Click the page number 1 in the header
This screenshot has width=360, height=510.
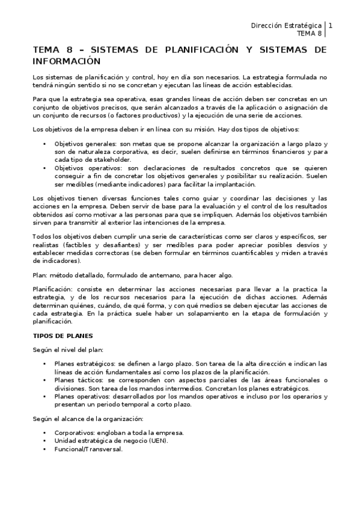point(330,25)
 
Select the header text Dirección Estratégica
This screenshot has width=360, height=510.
point(285,25)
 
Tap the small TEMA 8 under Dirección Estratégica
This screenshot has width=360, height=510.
point(309,34)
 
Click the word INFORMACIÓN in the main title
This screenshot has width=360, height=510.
point(66,61)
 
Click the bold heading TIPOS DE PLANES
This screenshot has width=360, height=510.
point(62,335)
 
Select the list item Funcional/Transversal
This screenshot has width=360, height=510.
point(88,449)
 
